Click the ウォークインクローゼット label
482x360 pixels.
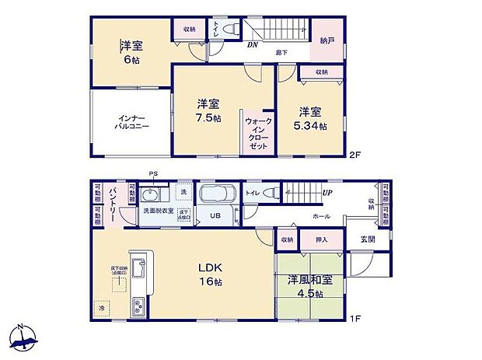coord(257,134)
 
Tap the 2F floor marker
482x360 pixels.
coord(355,154)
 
